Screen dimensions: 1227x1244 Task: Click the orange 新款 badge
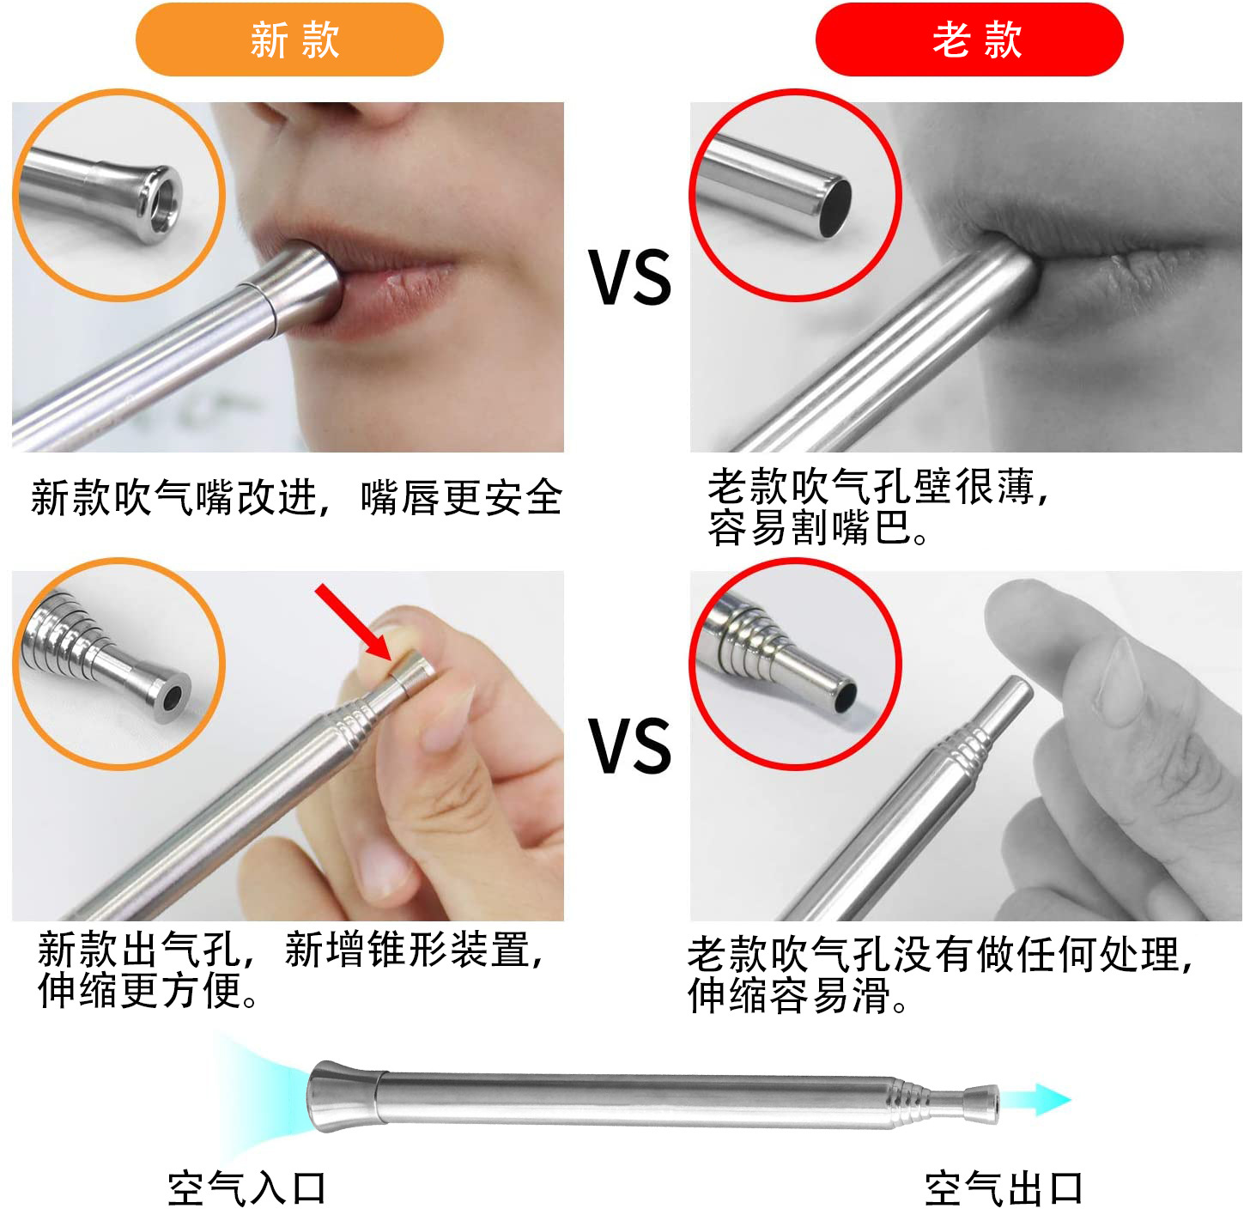click(x=289, y=39)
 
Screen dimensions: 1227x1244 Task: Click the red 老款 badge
click(x=969, y=39)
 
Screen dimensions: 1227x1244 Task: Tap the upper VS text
click(x=629, y=277)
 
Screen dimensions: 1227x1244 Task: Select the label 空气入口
click(x=247, y=1188)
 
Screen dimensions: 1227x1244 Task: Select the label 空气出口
click(x=1004, y=1188)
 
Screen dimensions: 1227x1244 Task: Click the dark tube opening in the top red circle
click(x=834, y=207)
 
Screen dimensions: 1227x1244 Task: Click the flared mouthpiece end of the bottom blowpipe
click(x=341, y=1096)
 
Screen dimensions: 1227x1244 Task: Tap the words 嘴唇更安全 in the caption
click(x=462, y=498)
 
